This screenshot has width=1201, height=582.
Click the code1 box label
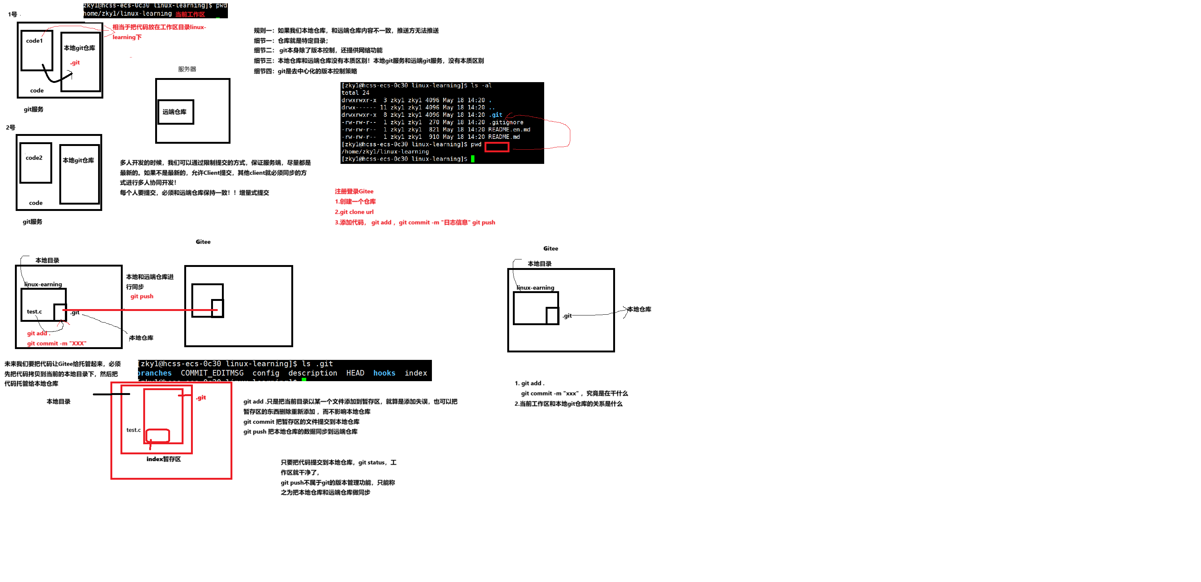coord(34,41)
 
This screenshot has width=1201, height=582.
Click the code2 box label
coord(34,158)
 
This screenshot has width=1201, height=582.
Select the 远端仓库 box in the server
coord(175,112)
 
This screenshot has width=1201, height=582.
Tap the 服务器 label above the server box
coord(187,69)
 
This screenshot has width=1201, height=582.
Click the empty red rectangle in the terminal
coord(496,147)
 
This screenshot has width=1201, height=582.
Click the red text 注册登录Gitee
coord(354,192)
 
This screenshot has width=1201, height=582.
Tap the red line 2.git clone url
coord(354,212)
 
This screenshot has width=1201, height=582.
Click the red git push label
coord(142,296)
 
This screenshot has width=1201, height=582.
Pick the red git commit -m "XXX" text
coord(56,343)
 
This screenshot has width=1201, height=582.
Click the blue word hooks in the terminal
coord(384,373)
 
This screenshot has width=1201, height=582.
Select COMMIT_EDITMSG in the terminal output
coord(212,373)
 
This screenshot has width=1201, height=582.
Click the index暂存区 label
coord(164,459)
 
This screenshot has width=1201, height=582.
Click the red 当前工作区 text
coord(190,15)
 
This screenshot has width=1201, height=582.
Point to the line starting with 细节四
coord(305,71)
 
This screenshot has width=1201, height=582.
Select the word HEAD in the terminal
coord(355,373)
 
